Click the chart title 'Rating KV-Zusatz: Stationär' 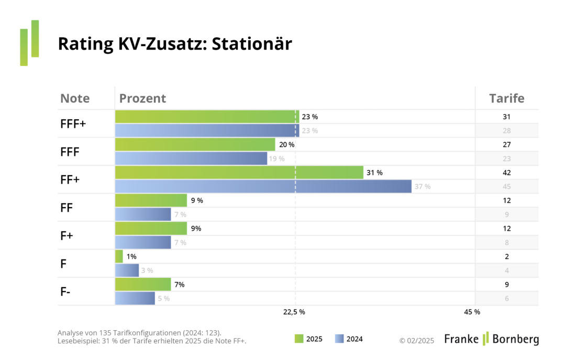tap(174, 44)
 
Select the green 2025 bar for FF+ tap(239, 173)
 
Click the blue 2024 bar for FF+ tap(263, 186)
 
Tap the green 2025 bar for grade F tap(119, 256)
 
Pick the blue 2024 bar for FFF tap(191, 158)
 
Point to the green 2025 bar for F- tap(143, 284)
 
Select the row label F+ tap(67, 235)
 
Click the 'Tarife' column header tap(506, 98)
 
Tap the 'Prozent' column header tap(142, 98)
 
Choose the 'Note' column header tap(75, 98)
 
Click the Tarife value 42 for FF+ tap(506, 173)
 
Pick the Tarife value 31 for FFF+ tap(506, 117)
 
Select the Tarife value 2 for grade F tap(506, 256)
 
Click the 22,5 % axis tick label tap(294, 312)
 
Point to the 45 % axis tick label tap(472, 312)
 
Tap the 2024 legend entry tap(348, 339)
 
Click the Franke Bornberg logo tap(491, 339)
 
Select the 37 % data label tap(423, 187)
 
